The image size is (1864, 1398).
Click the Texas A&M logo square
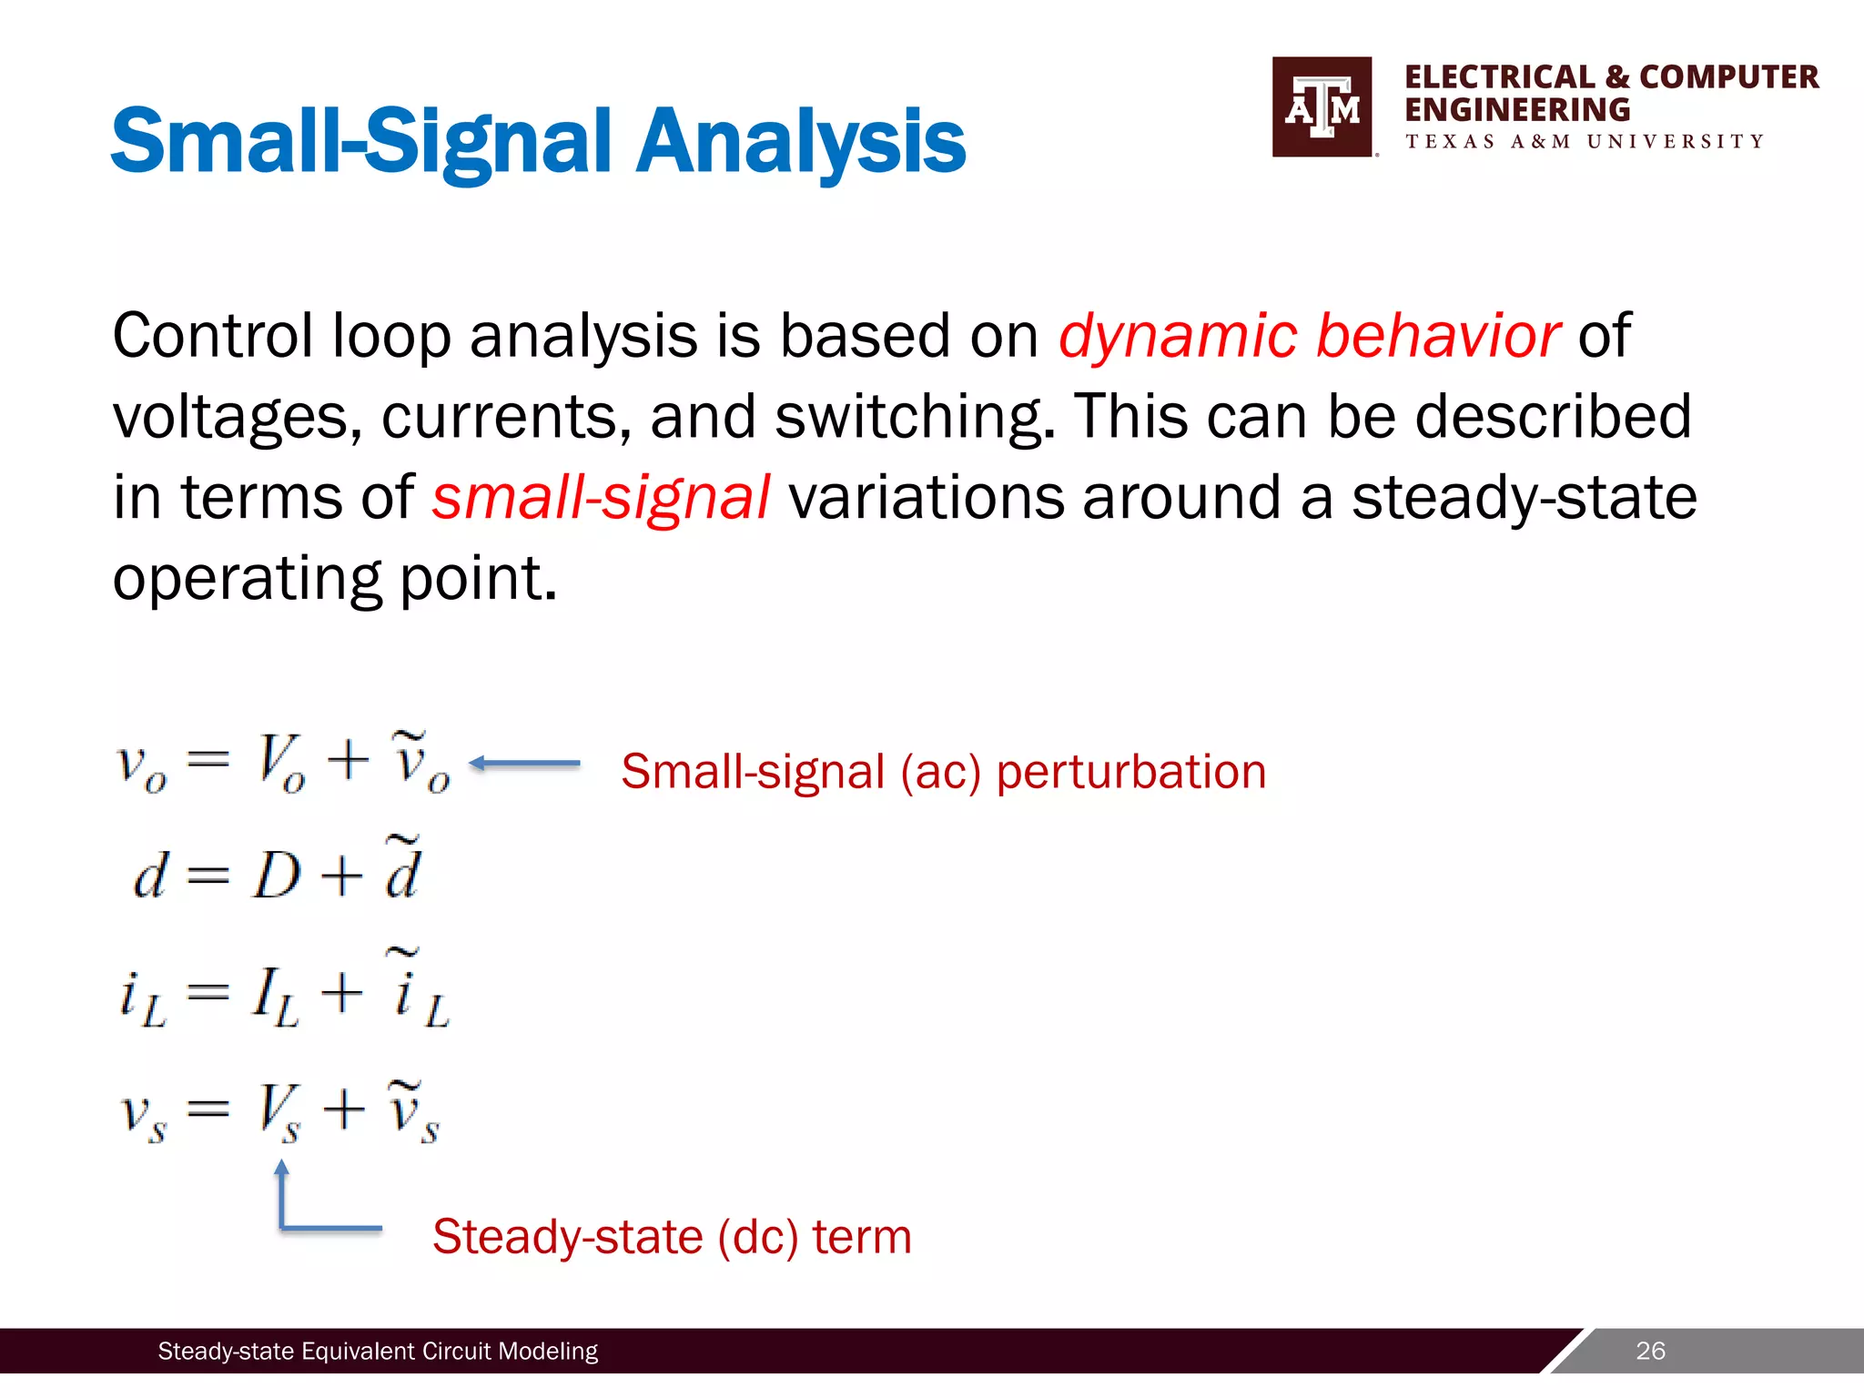pyautogui.click(x=1322, y=107)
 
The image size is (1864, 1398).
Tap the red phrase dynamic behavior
pyautogui.click(x=1309, y=336)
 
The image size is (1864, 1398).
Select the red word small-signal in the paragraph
pyautogui.click(x=601, y=498)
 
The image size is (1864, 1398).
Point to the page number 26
pyautogui.click(x=1650, y=1351)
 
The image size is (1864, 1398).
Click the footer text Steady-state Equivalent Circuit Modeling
pyautogui.click(x=378, y=1352)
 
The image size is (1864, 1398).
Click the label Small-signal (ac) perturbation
pyautogui.click(x=943, y=772)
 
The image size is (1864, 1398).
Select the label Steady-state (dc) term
pyautogui.click(x=672, y=1237)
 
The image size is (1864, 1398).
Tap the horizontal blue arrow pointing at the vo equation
pyautogui.click(x=525, y=764)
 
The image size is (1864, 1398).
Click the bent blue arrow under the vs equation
pyautogui.click(x=309, y=1211)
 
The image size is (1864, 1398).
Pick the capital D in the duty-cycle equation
pyautogui.click(x=277, y=877)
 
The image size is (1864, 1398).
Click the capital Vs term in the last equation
pyautogui.click(x=277, y=1110)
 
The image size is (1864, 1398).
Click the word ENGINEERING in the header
pyautogui.click(x=1516, y=110)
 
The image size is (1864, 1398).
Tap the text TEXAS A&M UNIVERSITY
pyautogui.click(x=1584, y=142)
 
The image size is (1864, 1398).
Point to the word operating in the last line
pyautogui.click(x=247, y=579)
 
